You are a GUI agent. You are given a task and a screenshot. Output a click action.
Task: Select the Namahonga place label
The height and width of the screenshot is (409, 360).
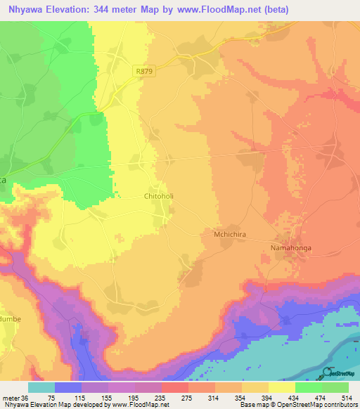(291, 247)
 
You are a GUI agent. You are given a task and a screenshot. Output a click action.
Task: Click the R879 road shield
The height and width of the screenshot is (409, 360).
(144, 70)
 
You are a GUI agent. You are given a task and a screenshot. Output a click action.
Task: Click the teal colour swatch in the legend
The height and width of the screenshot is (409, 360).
(41, 387)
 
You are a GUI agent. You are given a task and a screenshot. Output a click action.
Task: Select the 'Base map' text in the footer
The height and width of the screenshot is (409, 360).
(252, 405)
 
